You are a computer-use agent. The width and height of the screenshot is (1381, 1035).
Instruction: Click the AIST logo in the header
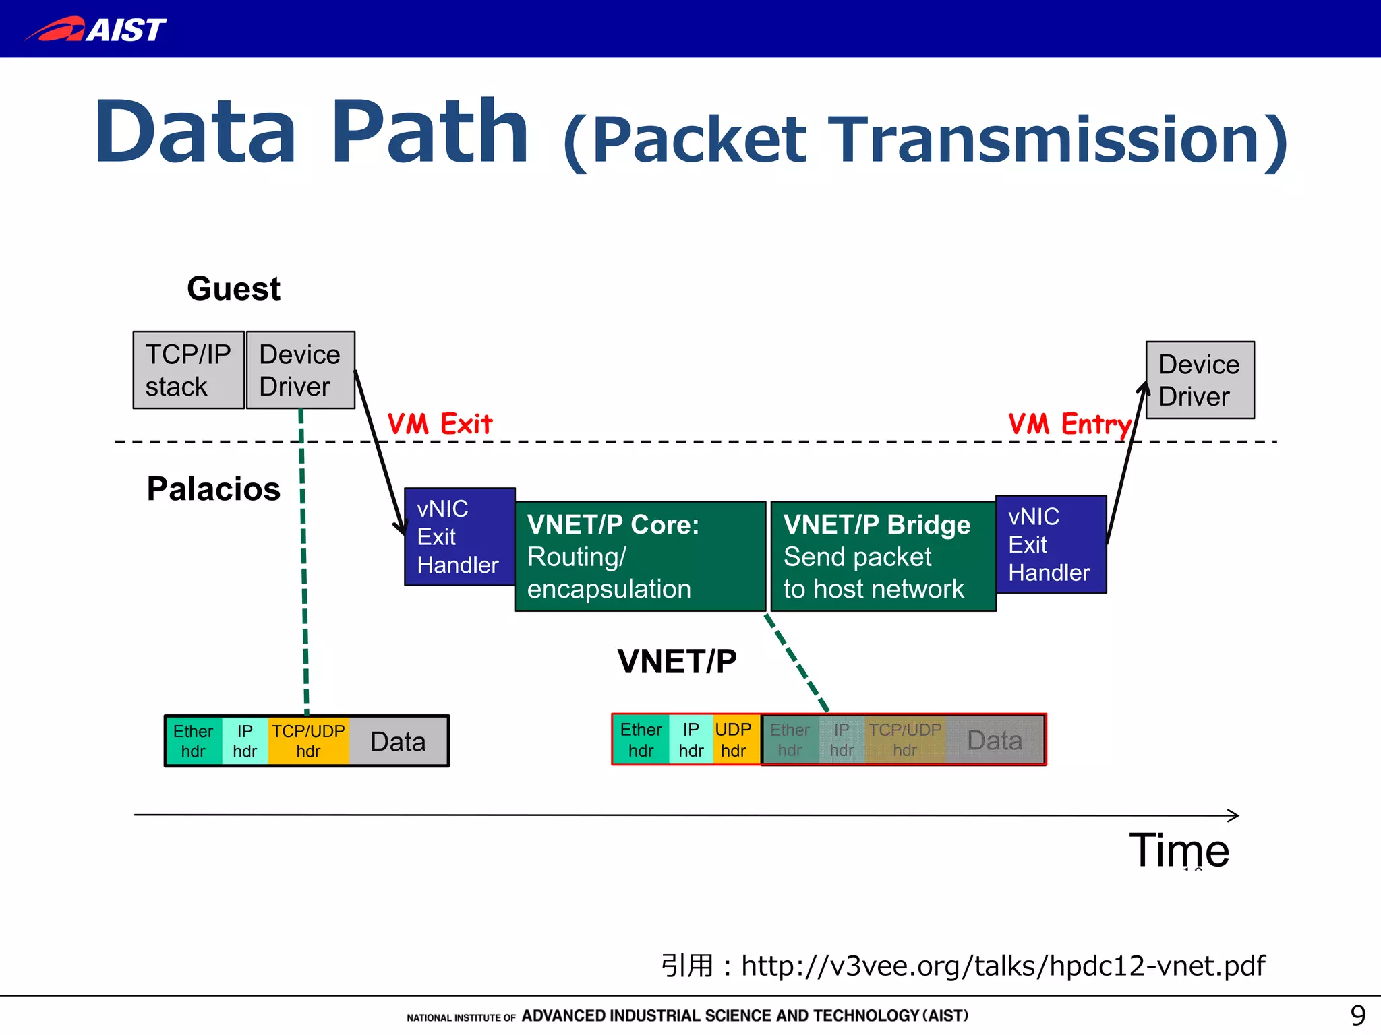click(96, 29)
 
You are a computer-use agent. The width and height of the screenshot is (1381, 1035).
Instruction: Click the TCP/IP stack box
click(188, 370)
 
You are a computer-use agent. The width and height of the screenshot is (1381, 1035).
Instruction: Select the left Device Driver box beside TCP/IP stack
click(300, 370)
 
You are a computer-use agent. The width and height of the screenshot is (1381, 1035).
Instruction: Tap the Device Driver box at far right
click(1200, 380)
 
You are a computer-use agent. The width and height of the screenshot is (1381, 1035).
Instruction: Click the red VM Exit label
click(440, 424)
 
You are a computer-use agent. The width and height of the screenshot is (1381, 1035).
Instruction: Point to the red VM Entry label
click(1069, 425)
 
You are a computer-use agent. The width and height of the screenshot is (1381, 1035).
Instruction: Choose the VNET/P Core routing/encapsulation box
click(640, 557)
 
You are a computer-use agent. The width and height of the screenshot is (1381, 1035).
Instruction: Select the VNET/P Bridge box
click(883, 557)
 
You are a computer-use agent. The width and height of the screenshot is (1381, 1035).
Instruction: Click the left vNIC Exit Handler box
click(459, 537)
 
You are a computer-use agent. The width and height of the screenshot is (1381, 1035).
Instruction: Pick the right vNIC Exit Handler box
click(1051, 544)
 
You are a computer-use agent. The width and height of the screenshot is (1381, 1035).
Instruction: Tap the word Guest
click(233, 288)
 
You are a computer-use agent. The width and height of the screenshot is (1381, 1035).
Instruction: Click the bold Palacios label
click(213, 489)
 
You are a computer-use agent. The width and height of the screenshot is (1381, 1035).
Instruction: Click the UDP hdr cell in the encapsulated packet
click(733, 740)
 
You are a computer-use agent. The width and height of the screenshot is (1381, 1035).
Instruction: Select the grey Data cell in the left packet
click(398, 741)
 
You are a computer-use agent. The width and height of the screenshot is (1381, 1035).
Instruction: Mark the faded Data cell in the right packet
click(995, 740)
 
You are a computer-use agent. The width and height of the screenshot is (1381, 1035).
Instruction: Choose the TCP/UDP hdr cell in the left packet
click(308, 741)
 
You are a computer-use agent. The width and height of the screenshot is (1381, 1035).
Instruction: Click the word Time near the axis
click(1179, 850)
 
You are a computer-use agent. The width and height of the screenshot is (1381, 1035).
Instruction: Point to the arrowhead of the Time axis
click(1234, 815)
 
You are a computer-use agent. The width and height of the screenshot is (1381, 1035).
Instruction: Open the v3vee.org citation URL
click(1003, 966)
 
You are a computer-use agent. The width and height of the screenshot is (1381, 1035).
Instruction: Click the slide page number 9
click(1357, 1015)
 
